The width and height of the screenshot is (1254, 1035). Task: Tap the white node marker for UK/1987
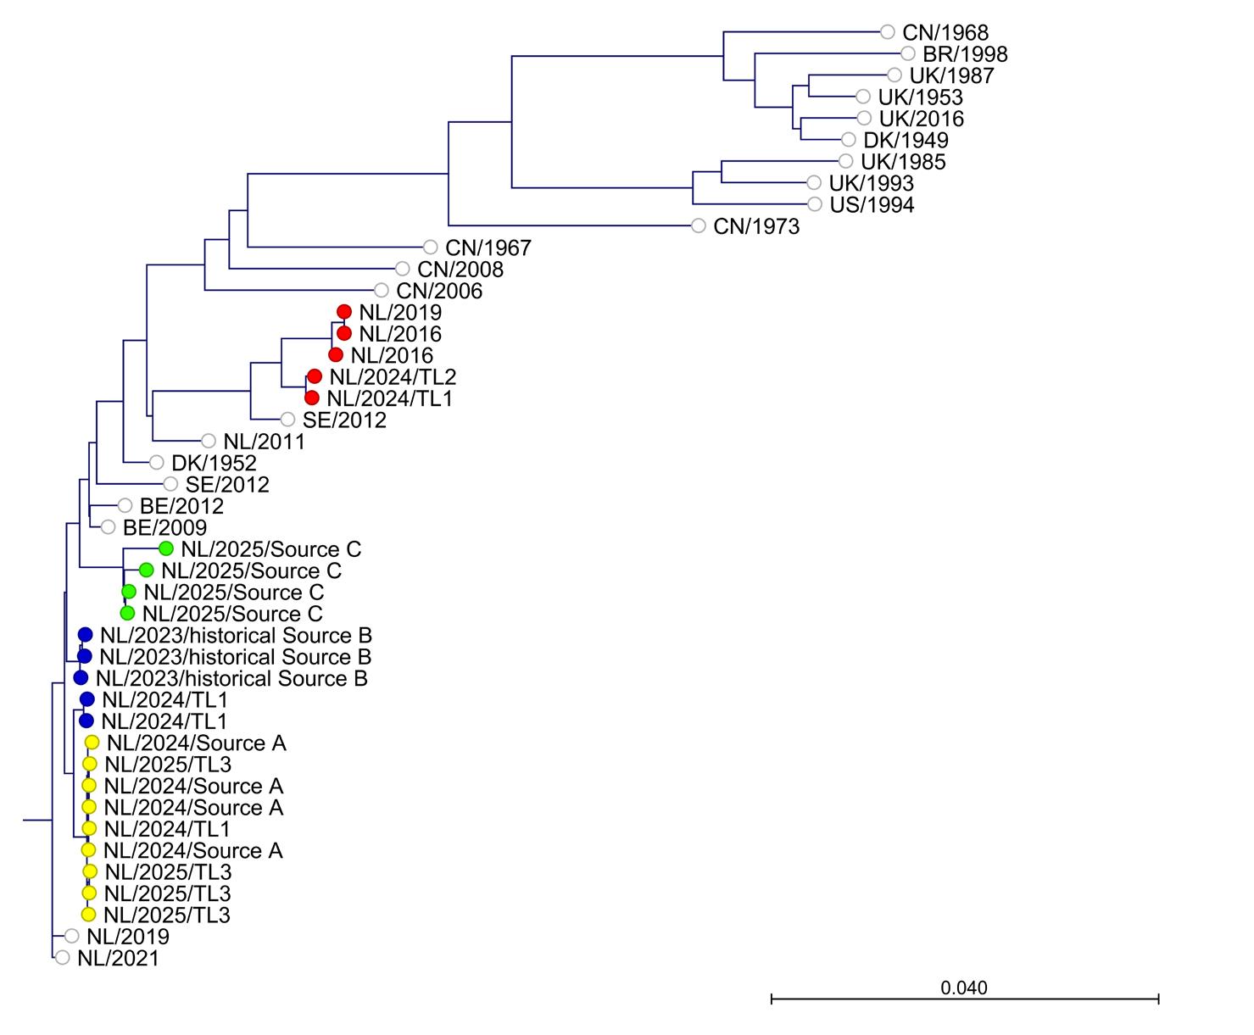tap(895, 75)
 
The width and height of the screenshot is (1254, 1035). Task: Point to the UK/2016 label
tap(921, 119)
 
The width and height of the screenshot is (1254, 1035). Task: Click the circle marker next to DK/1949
tap(849, 140)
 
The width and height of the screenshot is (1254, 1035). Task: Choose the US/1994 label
tap(872, 205)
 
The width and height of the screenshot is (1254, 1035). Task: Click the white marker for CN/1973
tap(699, 225)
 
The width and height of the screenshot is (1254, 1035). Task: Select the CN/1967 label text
tap(488, 248)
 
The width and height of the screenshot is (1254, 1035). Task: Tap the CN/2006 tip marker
tap(382, 291)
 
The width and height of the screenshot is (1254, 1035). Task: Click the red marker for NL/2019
tap(344, 312)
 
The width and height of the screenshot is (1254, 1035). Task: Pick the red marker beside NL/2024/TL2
tap(315, 376)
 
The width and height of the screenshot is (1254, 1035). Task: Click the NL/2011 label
tap(264, 442)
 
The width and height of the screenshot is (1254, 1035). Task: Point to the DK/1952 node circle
tap(156, 462)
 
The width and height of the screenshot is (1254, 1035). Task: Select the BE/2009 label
tap(164, 528)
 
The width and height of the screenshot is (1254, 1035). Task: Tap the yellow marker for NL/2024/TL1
tap(88, 828)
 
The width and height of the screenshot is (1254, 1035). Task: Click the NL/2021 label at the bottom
tap(118, 959)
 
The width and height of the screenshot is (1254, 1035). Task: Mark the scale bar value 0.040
tap(964, 988)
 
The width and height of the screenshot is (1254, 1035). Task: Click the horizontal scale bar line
tap(964, 1000)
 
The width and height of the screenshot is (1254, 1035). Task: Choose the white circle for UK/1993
tap(814, 182)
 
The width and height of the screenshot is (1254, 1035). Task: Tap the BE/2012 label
tap(181, 506)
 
